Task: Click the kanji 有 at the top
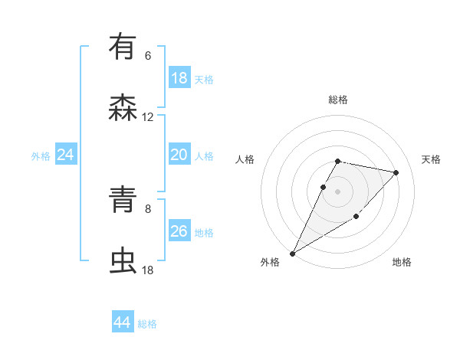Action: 123,47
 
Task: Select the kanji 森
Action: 123,109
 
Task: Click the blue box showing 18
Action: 179,77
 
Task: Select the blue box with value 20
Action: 179,155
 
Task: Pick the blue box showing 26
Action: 179,231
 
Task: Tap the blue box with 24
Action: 65,155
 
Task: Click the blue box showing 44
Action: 122,322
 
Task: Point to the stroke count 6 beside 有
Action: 148,56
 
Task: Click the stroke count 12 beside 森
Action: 148,117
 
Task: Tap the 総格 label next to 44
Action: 147,324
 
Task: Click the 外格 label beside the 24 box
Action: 41,156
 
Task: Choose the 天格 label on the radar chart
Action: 432,159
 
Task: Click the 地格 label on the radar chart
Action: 402,262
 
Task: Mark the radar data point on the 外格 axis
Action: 292,253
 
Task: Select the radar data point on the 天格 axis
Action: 396,172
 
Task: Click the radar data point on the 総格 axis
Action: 337,161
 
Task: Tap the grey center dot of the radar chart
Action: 337,191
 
